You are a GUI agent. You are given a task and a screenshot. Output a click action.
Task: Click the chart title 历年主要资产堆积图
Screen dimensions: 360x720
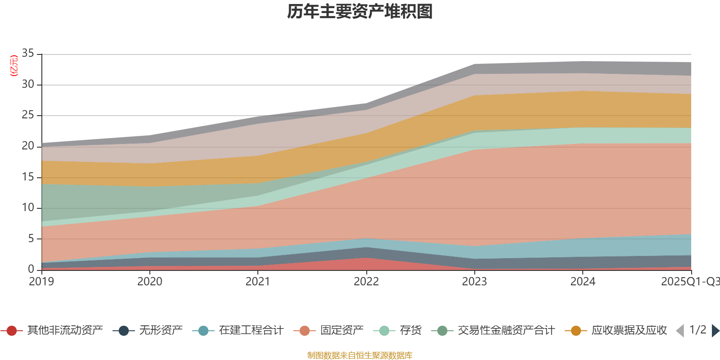point(360,12)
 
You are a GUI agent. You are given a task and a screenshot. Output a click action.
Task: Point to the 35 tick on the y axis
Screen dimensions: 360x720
point(28,54)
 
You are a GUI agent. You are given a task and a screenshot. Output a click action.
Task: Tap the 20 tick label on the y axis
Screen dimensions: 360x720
point(28,146)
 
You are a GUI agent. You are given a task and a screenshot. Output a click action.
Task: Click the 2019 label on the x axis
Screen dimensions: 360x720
point(41,282)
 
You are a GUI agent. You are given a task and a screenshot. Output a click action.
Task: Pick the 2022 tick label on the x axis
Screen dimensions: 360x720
point(366,282)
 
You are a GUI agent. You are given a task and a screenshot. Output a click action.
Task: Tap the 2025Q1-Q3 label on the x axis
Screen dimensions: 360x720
point(689,282)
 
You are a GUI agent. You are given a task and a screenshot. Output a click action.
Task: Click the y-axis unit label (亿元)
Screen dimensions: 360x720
point(14,66)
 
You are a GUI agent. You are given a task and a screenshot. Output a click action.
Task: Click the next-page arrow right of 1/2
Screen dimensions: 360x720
point(715,331)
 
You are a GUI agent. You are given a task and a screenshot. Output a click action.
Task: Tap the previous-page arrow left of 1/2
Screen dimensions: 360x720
point(680,331)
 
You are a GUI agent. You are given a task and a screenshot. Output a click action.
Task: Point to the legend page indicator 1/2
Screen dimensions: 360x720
point(697,330)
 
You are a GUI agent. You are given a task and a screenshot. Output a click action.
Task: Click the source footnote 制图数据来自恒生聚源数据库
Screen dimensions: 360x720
point(360,355)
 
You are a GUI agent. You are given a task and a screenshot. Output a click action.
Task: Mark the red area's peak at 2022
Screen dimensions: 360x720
point(366,258)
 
